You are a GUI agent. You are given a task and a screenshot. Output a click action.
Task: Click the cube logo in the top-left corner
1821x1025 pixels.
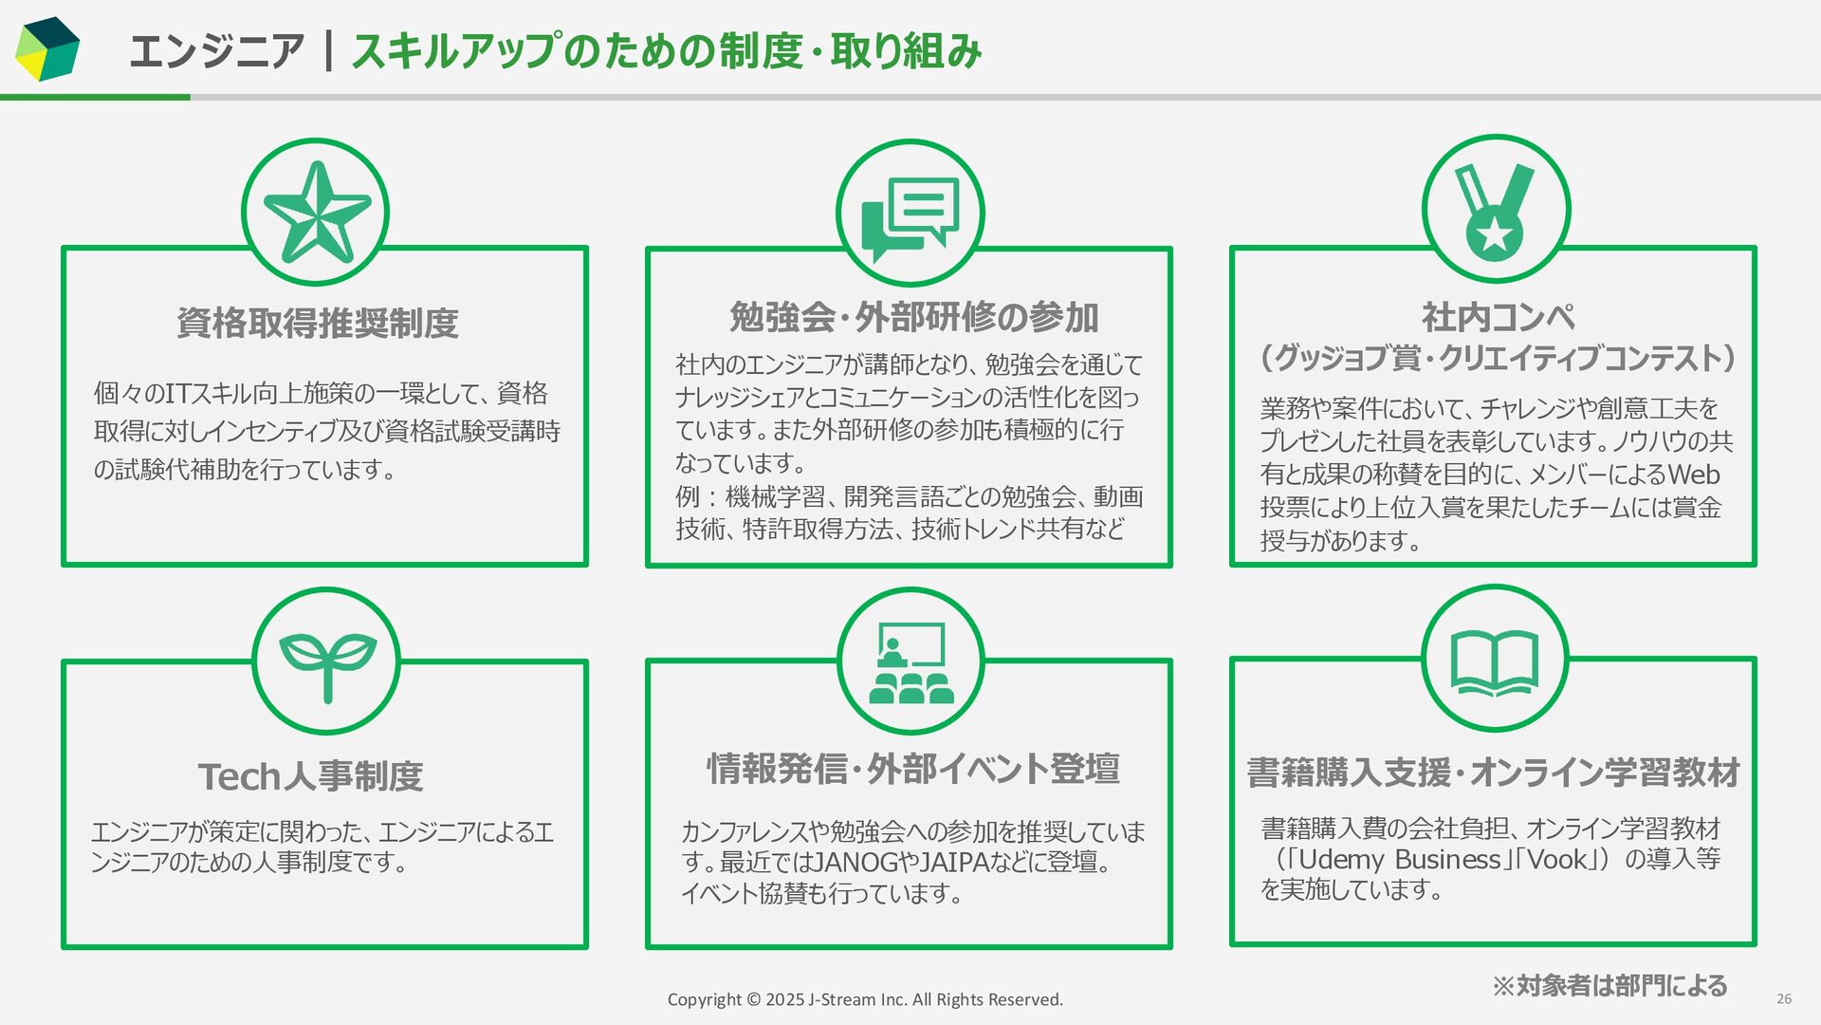(x=47, y=49)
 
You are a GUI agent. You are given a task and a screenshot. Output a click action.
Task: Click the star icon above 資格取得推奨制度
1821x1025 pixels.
(x=316, y=213)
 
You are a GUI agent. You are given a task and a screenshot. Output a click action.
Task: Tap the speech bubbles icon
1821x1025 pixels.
(x=910, y=215)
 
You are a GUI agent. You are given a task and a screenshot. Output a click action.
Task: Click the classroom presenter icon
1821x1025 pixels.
(x=910, y=662)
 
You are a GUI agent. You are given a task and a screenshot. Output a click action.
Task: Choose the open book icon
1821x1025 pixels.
(x=1495, y=661)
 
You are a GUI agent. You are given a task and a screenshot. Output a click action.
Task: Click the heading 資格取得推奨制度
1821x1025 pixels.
(x=318, y=324)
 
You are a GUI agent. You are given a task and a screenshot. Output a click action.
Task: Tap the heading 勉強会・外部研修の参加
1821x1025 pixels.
(x=913, y=317)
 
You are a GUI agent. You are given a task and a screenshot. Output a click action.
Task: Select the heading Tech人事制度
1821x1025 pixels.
(x=311, y=776)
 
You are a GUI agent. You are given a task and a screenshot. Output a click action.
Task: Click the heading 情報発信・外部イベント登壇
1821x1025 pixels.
(x=913, y=769)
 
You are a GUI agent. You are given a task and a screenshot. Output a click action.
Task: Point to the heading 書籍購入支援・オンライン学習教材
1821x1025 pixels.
(x=1494, y=773)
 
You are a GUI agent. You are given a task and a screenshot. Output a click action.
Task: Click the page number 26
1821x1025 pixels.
(x=1784, y=998)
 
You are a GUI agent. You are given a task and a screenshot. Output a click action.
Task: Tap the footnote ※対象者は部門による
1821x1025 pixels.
(x=1609, y=986)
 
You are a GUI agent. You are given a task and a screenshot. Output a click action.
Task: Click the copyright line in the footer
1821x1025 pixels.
(x=865, y=999)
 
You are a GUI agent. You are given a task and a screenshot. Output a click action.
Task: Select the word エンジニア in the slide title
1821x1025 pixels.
(x=216, y=51)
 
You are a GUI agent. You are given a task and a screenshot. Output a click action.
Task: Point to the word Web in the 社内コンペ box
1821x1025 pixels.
(x=1693, y=475)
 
